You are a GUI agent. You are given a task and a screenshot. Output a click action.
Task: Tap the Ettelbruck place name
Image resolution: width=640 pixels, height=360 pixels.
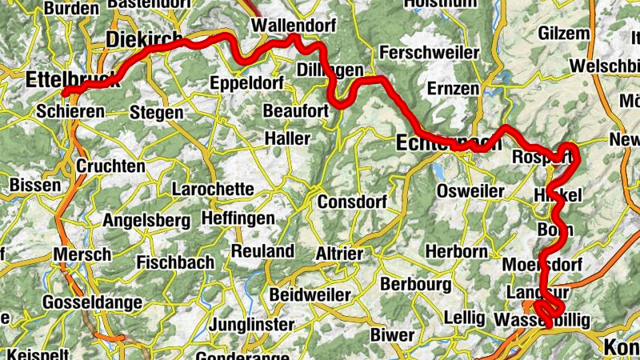coord(72,80)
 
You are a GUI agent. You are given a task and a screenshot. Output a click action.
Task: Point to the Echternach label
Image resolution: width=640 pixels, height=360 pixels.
coord(448,144)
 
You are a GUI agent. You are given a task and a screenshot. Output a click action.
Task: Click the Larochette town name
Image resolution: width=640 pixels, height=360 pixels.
coord(213,190)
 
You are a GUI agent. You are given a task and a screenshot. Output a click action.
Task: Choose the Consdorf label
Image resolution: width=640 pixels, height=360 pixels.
coord(352,202)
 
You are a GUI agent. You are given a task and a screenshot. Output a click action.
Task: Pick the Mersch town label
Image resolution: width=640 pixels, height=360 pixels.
coord(82,254)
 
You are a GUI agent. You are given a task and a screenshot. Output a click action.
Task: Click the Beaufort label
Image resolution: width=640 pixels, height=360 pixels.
coord(296,110)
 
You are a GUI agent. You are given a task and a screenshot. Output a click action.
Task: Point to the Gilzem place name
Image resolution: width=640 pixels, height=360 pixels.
coord(564,34)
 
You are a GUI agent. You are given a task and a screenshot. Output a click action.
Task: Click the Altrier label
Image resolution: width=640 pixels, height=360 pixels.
coord(340,253)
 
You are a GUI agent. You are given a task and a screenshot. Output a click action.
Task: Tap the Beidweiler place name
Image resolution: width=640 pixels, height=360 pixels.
coord(310,295)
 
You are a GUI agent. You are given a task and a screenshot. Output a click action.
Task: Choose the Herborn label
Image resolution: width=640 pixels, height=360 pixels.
coord(456,251)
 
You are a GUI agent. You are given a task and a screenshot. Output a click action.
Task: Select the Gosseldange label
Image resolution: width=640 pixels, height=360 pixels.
coord(92,302)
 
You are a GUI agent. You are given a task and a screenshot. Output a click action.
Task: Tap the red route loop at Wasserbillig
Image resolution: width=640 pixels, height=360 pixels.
coord(550,310)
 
